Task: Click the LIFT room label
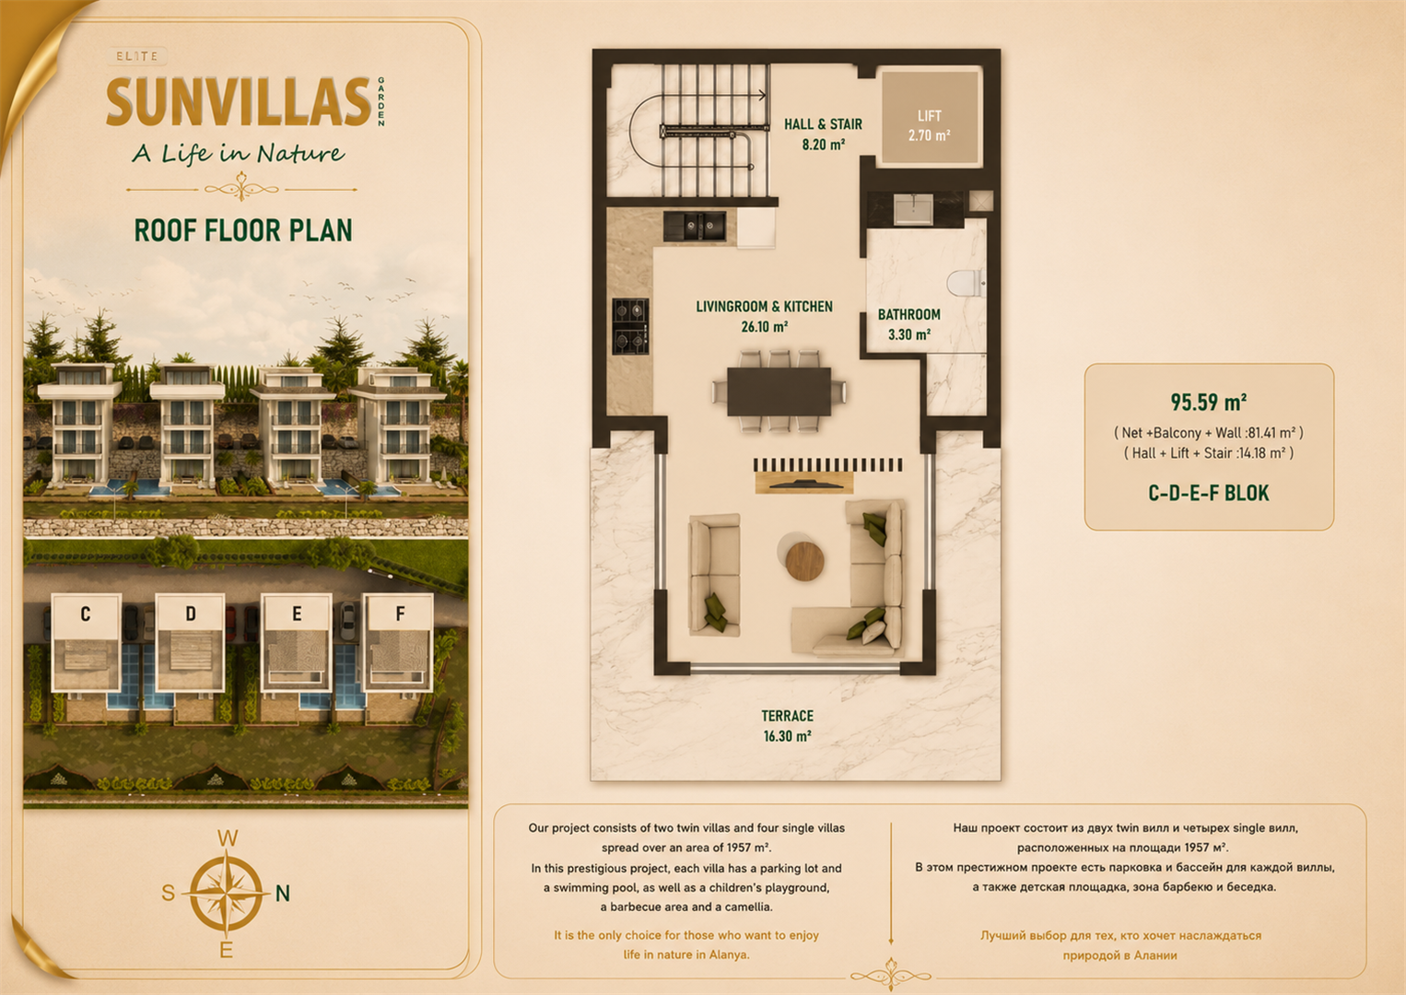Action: tap(929, 116)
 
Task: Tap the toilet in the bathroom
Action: tap(965, 283)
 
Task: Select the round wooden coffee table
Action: tap(804, 560)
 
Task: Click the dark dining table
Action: tap(779, 392)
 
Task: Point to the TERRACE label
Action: tap(787, 716)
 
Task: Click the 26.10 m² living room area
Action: tap(765, 326)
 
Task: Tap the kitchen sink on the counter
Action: tap(695, 226)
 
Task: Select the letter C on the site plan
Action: tap(86, 614)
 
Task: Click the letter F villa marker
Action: tap(400, 614)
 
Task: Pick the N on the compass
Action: tap(283, 894)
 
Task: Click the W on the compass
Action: tap(228, 838)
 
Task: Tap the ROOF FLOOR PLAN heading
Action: tap(243, 230)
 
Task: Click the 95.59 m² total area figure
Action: tap(1208, 402)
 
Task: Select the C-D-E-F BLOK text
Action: tap(1208, 494)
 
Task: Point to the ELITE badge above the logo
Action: tap(137, 56)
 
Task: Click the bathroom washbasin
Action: tap(914, 209)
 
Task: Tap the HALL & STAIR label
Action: tap(823, 124)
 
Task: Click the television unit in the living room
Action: tap(804, 483)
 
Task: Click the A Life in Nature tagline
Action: tap(239, 153)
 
